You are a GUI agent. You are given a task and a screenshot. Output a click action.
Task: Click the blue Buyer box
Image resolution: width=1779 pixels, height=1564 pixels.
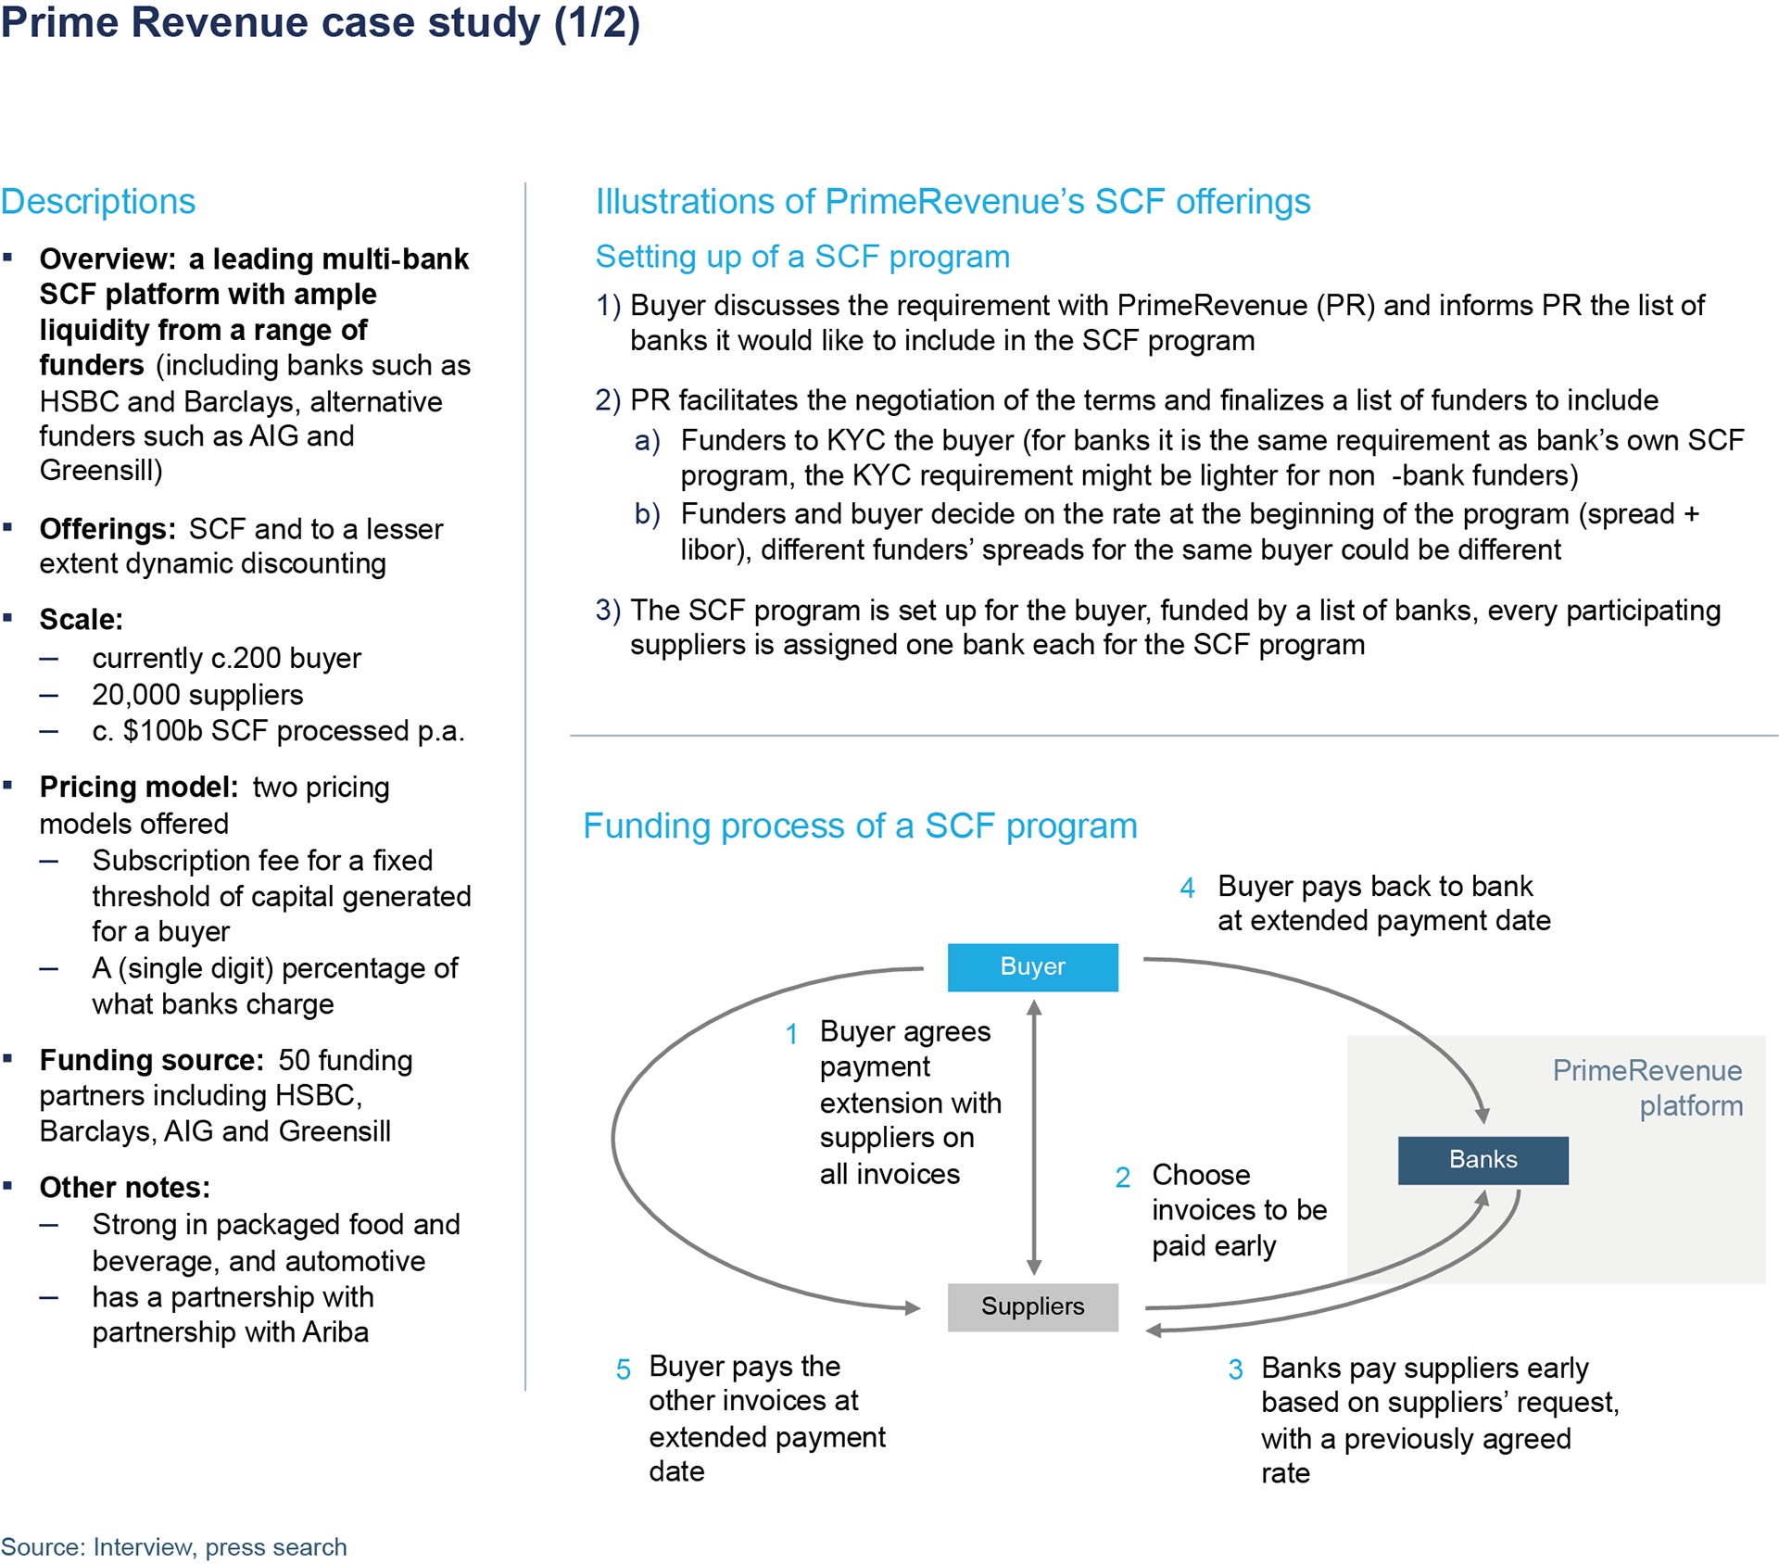tap(1032, 967)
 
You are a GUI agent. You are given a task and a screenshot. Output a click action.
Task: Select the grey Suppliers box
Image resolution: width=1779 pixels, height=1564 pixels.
tap(1032, 1306)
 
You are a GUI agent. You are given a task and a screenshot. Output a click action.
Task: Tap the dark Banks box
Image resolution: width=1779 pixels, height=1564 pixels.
tap(1482, 1160)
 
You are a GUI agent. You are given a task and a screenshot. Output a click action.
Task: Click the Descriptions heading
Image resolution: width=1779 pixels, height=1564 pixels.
tap(98, 202)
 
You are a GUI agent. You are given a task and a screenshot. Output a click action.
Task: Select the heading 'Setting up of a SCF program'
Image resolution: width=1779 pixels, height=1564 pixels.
tap(802, 257)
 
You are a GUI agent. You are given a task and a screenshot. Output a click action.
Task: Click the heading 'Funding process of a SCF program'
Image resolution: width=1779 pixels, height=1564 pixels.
tap(860, 826)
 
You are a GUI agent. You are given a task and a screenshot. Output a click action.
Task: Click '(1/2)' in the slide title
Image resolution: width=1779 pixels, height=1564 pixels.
tap(598, 24)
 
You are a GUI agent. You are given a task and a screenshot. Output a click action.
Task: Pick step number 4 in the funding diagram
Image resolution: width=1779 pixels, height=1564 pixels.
tap(1187, 889)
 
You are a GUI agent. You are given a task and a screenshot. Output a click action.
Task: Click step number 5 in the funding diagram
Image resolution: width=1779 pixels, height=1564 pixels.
tap(624, 1369)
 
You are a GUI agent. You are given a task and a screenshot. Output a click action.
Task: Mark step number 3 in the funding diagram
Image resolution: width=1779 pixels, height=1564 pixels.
tap(1235, 1369)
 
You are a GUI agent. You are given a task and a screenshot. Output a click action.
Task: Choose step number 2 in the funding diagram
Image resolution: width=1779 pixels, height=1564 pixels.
tap(1122, 1178)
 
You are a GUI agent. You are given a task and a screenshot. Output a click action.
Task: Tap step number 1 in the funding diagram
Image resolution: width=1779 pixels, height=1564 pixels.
tap(791, 1034)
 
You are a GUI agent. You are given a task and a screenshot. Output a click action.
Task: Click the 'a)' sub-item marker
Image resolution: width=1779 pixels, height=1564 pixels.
tap(647, 441)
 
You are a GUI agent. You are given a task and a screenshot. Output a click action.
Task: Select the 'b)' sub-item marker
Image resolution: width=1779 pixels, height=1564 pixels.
tap(647, 513)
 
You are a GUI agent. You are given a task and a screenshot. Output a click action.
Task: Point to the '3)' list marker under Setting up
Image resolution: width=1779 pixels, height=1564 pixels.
tap(608, 610)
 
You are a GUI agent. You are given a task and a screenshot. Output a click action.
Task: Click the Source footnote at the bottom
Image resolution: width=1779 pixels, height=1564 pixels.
tap(173, 1546)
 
